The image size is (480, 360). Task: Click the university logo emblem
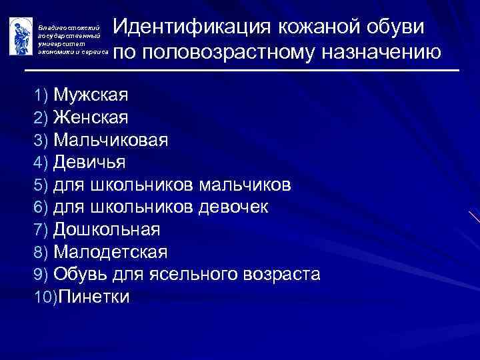pos(20,35)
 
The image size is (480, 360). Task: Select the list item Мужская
pos(91,95)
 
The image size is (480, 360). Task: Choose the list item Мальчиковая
pos(111,140)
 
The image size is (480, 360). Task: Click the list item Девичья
pos(89,162)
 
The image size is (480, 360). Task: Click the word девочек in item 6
pos(234,207)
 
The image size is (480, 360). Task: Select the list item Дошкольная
pos(107,229)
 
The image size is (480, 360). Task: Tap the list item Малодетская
pos(111,252)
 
